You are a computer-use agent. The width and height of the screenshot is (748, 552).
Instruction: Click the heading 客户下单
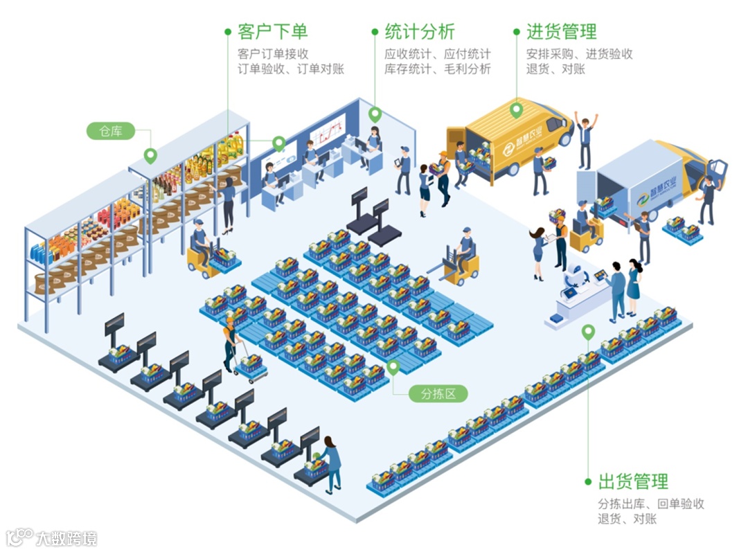[272, 32]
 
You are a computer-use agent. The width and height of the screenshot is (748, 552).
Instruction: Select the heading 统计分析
[420, 32]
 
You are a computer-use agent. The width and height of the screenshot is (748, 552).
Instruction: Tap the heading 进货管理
[561, 32]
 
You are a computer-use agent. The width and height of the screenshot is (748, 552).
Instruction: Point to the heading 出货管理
[633, 481]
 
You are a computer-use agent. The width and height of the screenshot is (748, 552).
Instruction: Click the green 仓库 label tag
[111, 131]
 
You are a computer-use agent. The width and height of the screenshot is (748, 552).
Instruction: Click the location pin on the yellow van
[516, 109]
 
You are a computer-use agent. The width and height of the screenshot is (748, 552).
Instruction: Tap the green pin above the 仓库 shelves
[150, 155]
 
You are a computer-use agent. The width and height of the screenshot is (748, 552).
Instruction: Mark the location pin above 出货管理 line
[588, 332]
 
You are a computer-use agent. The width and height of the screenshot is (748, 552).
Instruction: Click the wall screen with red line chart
[328, 132]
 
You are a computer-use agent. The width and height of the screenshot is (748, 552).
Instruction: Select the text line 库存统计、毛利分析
[438, 69]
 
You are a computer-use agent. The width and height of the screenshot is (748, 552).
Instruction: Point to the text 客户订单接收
[273, 53]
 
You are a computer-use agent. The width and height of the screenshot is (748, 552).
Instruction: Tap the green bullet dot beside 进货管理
[517, 32]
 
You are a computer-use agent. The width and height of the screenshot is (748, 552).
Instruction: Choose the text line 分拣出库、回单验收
[651, 504]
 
